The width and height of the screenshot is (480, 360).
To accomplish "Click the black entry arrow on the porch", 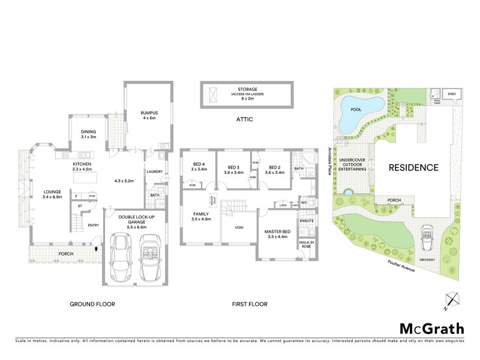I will coord(95,247).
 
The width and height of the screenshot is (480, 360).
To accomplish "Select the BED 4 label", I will coord(199,166).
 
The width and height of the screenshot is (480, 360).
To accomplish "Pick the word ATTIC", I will coord(245,119).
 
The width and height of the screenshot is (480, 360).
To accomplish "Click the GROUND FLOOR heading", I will coord(92,304).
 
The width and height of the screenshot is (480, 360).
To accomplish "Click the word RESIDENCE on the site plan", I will coord(413,167).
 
